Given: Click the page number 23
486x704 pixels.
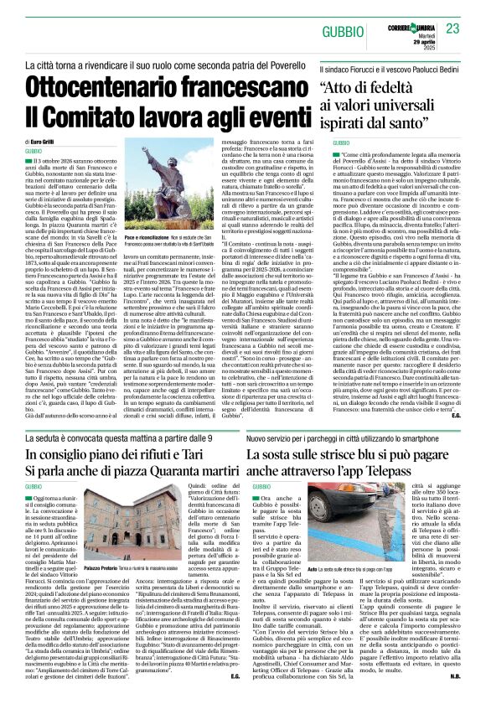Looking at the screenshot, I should pos(453,29).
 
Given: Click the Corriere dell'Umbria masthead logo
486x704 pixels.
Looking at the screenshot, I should pos(413,28).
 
